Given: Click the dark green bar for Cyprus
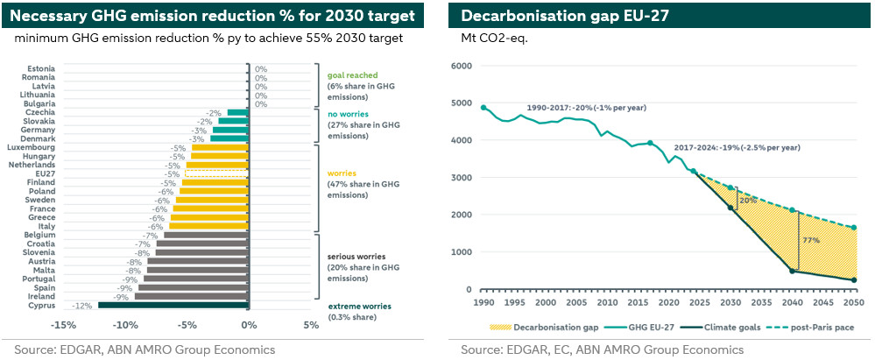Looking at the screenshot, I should point(173,305).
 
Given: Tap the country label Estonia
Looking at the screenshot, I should point(41,68).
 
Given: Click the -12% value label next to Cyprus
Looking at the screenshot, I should point(83,305).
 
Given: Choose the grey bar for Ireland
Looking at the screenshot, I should point(192,296).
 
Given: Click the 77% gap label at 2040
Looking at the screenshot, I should point(809,239).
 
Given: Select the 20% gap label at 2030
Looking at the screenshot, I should point(748,200).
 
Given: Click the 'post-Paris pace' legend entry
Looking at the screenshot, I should point(822,327).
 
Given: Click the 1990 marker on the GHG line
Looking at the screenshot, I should point(484,108).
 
